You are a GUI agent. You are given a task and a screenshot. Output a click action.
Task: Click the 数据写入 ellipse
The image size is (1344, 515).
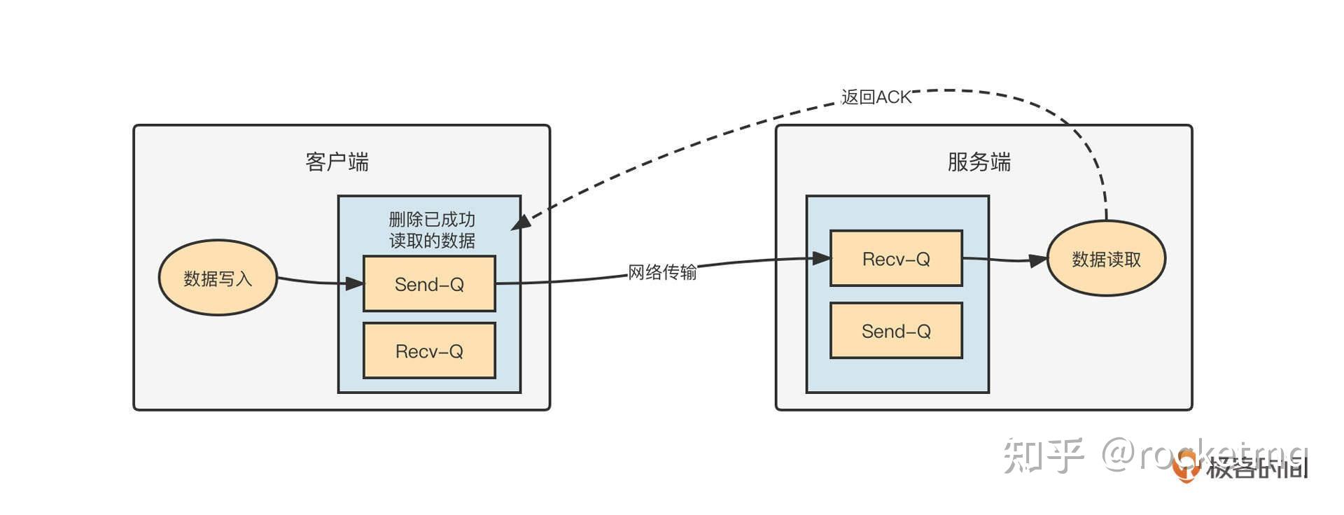[x=218, y=278]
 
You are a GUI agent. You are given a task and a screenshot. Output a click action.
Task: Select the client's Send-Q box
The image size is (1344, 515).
[x=429, y=283]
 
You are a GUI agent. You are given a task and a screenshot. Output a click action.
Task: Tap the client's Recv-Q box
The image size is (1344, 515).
[x=429, y=351]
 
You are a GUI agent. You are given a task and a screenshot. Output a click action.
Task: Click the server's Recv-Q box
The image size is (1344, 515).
[x=896, y=259]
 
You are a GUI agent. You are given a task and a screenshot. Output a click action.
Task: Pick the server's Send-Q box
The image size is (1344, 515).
[x=896, y=331]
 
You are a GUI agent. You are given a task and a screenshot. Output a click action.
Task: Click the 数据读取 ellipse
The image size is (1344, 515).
[x=1106, y=259]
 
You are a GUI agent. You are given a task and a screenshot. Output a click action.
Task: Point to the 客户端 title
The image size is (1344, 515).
[x=337, y=162]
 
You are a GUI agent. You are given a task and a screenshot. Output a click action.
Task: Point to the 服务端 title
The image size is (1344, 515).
[x=979, y=162]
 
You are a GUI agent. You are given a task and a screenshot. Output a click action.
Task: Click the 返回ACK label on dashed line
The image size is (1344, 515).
[x=876, y=97]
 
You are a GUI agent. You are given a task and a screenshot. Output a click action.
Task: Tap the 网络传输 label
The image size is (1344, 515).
[x=662, y=271]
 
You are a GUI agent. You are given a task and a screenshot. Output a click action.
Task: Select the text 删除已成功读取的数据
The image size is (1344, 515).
[x=432, y=230]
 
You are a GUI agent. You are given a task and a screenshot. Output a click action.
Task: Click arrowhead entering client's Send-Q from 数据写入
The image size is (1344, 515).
[x=355, y=283]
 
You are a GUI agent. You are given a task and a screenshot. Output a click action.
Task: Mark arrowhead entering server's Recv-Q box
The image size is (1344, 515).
[x=821, y=258]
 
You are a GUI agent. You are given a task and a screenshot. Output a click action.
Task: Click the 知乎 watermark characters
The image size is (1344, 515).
[x=1042, y=456]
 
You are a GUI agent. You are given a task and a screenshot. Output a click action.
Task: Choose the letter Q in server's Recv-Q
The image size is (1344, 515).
[x=923, y=260]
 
